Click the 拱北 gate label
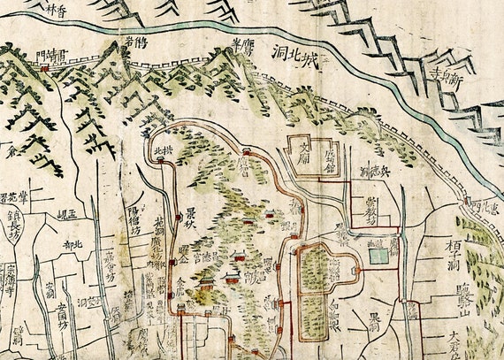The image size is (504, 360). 164,150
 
